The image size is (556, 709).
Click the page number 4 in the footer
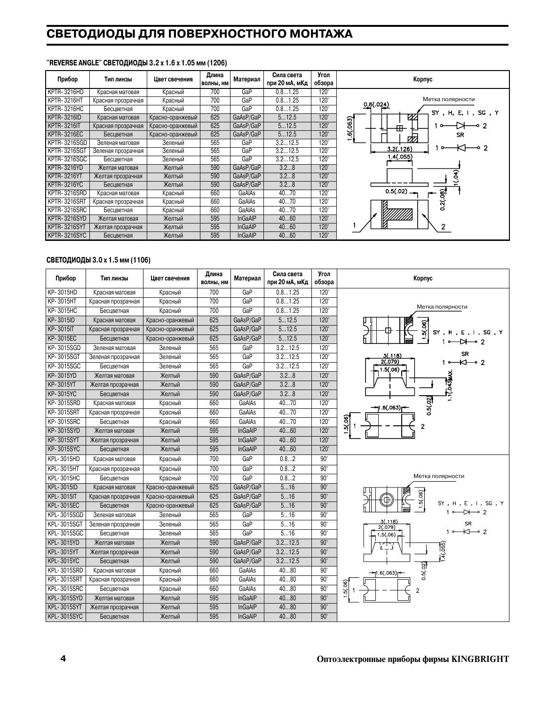[63, 658]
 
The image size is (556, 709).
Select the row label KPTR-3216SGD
[67, 143]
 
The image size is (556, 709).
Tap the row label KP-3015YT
[63, 384]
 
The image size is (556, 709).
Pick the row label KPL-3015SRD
[65, 570]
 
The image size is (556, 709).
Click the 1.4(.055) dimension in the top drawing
[399, 157]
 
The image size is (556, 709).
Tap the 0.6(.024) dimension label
[376, 104]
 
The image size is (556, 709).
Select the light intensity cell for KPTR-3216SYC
[287, 235]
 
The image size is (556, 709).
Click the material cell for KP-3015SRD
[247, 403]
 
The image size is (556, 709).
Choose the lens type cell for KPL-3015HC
[114, 478]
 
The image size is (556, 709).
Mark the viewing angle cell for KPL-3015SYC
[324, 616]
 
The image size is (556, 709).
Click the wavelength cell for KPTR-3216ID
[215, 117]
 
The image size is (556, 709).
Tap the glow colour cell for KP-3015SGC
[170, 366]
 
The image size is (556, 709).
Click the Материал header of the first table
[247, 79]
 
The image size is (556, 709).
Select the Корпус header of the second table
[423, 279]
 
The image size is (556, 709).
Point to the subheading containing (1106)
[98, 260]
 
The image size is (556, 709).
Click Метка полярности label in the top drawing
[448, 99]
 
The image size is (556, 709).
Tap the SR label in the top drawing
[461, 135]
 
